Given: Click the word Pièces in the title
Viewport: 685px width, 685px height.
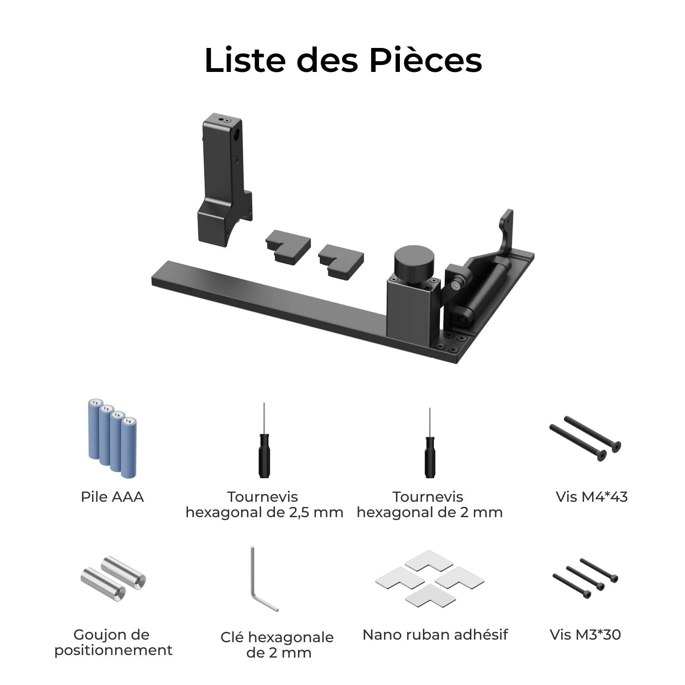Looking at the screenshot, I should click(426, 60).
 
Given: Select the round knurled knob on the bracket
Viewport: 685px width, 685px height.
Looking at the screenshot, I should click(414, 262).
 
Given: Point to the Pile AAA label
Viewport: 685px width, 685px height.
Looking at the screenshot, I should click(112, 497).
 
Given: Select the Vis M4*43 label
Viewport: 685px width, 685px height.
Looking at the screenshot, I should click(591, 497).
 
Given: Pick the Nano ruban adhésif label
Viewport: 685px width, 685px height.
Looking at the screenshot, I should click(435, 634).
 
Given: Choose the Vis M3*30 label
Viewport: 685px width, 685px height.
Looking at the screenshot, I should click(585, 634).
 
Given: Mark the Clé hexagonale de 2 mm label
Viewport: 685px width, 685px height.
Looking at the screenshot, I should click(277, 645).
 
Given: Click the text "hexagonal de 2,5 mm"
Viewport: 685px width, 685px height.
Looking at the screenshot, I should click(264, 512).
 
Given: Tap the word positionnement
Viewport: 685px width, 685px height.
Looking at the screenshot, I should click(113, 650).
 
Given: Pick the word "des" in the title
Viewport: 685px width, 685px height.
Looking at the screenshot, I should click(327, 60).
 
